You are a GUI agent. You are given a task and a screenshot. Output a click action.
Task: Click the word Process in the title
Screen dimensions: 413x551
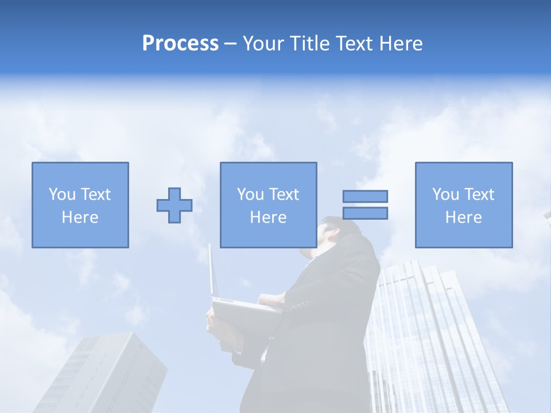180,44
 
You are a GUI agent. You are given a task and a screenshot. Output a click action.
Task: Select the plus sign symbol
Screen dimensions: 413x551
174,205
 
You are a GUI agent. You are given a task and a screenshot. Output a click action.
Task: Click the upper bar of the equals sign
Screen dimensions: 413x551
365,196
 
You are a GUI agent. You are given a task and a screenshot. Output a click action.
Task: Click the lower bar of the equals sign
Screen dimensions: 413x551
365,213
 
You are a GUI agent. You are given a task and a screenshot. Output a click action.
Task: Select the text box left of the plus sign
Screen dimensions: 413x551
80,205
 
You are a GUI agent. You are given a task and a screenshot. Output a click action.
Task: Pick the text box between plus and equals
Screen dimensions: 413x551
269,205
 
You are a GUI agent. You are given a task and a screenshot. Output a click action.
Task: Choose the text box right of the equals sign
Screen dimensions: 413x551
464,205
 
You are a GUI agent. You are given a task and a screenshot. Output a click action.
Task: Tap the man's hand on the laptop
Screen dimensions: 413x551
271,300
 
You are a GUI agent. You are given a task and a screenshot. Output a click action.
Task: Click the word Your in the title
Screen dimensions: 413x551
263,44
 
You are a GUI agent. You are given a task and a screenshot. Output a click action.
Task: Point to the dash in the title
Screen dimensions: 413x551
231,44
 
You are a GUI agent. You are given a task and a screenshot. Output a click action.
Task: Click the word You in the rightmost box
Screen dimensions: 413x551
445,194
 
